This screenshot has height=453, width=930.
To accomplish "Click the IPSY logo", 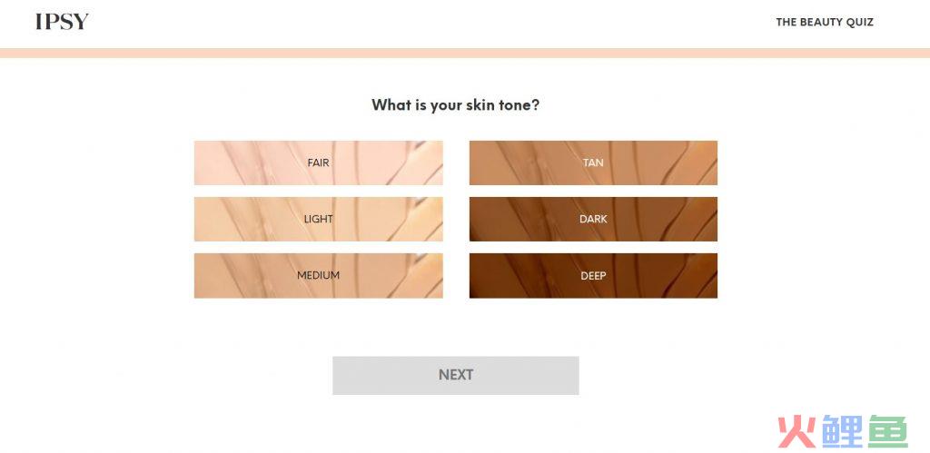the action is pos(62,22).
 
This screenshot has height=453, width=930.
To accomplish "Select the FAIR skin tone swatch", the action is pos(319,162).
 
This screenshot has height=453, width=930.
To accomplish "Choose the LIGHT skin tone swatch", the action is pos(319,219).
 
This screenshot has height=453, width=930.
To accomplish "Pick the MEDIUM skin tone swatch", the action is pos(319,275).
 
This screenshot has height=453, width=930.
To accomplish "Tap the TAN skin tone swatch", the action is pos(593,162).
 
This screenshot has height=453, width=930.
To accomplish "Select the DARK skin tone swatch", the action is pos(593,219).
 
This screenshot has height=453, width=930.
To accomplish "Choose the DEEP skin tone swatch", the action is pos(593,275).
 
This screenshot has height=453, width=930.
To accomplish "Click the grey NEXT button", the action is pos(456,375).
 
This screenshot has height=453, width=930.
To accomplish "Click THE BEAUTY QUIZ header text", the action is pos(825,22).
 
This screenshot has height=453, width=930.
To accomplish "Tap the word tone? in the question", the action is pos(520,105).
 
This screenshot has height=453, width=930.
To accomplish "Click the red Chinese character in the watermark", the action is pos(797,431).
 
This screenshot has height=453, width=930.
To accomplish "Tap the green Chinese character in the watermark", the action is pos(888,431).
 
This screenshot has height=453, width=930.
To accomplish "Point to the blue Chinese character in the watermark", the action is pos(843,431).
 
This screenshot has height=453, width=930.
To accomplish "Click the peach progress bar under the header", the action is pos(465,54).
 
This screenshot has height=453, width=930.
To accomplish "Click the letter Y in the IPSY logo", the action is pos(81,22).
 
